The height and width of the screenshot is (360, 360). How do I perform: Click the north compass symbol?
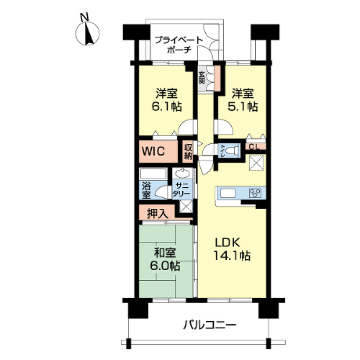[x=87, y=33]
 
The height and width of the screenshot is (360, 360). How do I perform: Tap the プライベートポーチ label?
[x=179, y=45]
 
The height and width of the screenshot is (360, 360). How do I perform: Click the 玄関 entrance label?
[x=202, y=77]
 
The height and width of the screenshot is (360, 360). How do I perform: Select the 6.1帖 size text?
[x=166, y=107]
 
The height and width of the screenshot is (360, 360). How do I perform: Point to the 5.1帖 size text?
[x=243, y=107]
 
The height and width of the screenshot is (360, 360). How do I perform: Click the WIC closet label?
[x=153, y=151]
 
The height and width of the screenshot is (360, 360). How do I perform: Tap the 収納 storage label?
[x=189, y=152]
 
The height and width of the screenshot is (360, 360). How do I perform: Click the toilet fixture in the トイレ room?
[x=233, y=150]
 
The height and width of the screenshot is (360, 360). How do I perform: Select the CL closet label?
[x=254, y=147]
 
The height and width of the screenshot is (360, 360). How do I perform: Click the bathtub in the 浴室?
[x=153, y=174]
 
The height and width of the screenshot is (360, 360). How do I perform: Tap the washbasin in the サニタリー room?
[x=183, y=173]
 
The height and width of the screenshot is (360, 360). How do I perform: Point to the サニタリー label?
[x=181, y=189]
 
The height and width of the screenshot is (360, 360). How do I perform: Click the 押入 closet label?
[x=157, y=213]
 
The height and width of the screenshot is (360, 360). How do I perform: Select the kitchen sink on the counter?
[x=229, y=194]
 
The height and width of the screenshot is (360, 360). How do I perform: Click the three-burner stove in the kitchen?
[x=255, y=193]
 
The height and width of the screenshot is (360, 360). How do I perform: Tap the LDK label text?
[x=228, y=243]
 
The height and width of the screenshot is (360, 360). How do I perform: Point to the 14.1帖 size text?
[x=232, y=256]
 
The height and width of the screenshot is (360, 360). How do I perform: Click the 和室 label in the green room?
[x=165, y=253]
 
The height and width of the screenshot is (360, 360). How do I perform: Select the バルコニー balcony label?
[x=210, y=325]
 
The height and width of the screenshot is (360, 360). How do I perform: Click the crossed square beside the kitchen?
[x=256, y=163]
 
